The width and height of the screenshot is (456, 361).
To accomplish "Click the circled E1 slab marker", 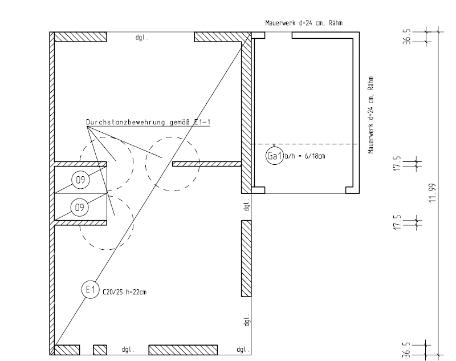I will point(89,290).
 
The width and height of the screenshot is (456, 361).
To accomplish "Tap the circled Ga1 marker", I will point(275,156).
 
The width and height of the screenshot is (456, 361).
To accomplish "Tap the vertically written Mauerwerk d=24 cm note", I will point(370,114).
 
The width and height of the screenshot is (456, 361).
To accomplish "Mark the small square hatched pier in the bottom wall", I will point(100,349).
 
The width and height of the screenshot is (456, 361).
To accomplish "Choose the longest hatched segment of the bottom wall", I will point(183,349).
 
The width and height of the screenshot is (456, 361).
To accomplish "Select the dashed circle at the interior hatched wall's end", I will point(173,164).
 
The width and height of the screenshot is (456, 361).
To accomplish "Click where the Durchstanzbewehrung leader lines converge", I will point(87,127).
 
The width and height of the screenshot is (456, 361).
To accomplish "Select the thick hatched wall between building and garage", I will point(246,114).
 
